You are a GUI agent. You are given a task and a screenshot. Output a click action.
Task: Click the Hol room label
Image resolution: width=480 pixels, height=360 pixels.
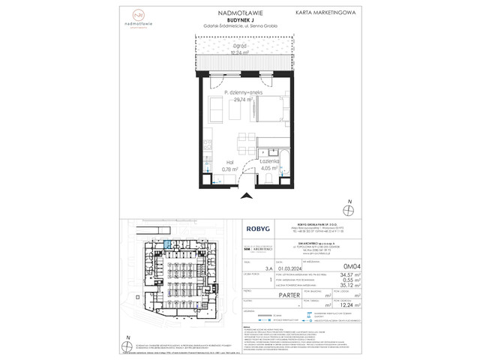coord(226,162)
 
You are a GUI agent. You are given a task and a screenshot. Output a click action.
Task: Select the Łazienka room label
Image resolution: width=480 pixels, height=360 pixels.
coord(270,162)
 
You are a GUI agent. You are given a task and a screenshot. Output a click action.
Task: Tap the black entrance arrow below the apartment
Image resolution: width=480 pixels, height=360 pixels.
coord(244,197)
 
